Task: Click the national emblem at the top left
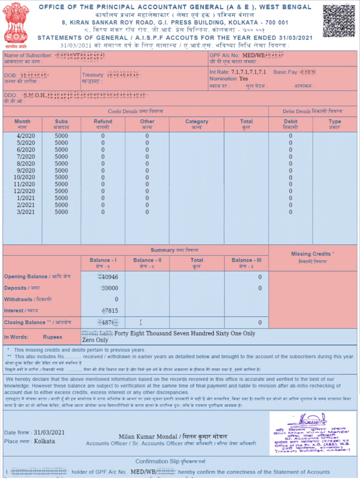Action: [16, 23]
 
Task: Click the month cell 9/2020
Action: [26, 170]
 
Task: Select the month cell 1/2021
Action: [26, 198]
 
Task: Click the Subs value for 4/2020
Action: [61, 136]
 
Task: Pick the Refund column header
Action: [103, 124]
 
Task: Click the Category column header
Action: [196, 124]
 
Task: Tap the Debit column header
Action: [291, 124]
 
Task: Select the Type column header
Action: [335, 124]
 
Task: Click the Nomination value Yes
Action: [243, 79]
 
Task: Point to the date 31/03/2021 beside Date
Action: [49, 432]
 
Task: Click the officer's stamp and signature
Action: [313, 433]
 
